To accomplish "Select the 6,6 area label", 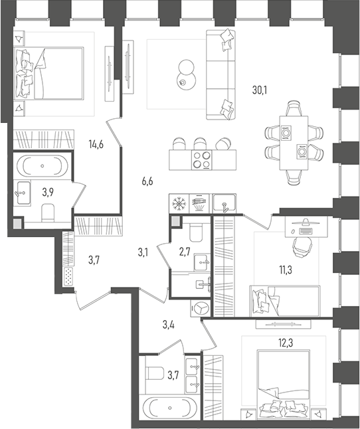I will point(147,180).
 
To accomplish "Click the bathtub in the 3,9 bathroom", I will point(43,165).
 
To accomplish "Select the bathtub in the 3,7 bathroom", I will point(169,407).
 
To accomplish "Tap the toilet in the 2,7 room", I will point(195,232).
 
